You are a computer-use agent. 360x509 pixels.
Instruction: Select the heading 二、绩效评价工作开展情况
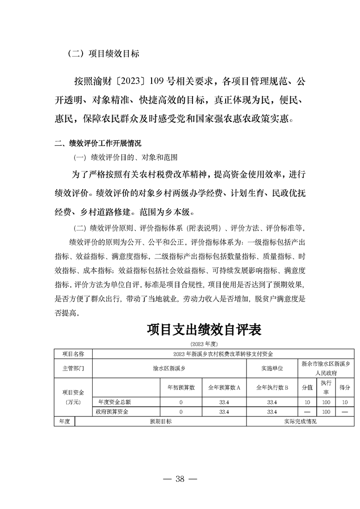point(98,144)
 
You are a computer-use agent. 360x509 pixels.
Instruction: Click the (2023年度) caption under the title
point(204,343)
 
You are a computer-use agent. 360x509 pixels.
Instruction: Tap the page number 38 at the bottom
point(180,479)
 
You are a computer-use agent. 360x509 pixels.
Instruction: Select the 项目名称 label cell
point(73,353)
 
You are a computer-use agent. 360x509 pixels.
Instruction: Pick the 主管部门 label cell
point(73,368)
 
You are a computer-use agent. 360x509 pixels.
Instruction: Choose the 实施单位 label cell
point(272,368)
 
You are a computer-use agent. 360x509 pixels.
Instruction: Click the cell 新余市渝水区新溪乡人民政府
point(326,368)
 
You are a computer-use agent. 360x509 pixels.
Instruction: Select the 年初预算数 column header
point(181,387)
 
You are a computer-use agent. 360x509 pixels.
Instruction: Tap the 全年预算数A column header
point(224,387)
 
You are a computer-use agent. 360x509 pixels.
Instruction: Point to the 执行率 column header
point(325,387)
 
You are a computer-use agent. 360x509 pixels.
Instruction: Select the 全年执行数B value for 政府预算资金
point(272,412)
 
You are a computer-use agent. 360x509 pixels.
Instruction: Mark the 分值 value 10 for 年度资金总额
point(307,402)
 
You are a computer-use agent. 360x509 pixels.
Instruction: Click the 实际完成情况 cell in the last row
point(300,421)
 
